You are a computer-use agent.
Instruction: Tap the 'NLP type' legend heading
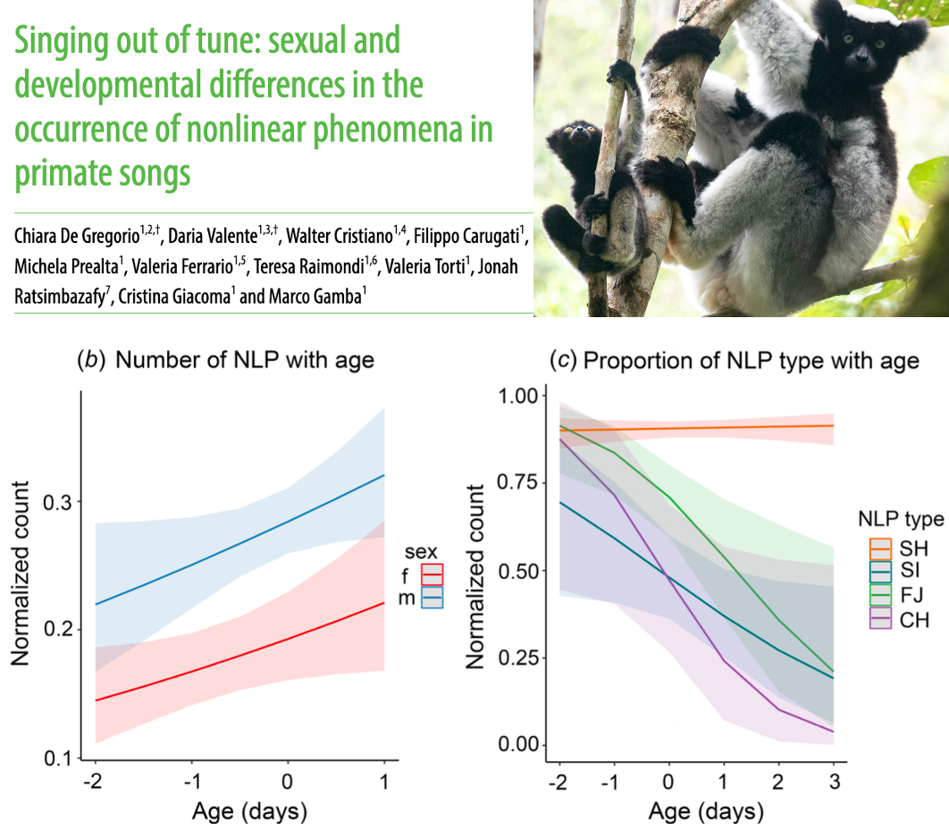point(901,519)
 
